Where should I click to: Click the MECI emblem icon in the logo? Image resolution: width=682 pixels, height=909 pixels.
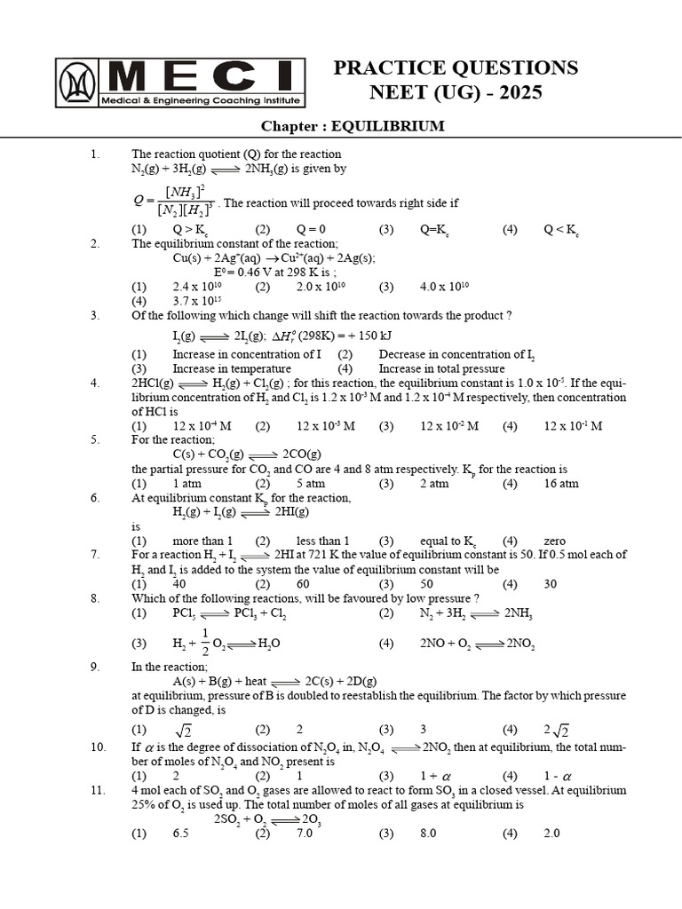coord(77,83)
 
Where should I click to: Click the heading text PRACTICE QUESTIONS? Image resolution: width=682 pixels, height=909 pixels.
coord(456,68)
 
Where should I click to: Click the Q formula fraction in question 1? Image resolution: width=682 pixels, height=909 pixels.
coord(174,202)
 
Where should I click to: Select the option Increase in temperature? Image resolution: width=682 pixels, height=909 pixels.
coord(232,368)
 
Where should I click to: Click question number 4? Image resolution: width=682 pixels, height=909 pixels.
coord(95,383)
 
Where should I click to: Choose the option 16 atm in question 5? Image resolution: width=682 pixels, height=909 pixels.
coord(561,484)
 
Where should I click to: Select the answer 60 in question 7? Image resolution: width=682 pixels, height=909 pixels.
coord(304,584)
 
